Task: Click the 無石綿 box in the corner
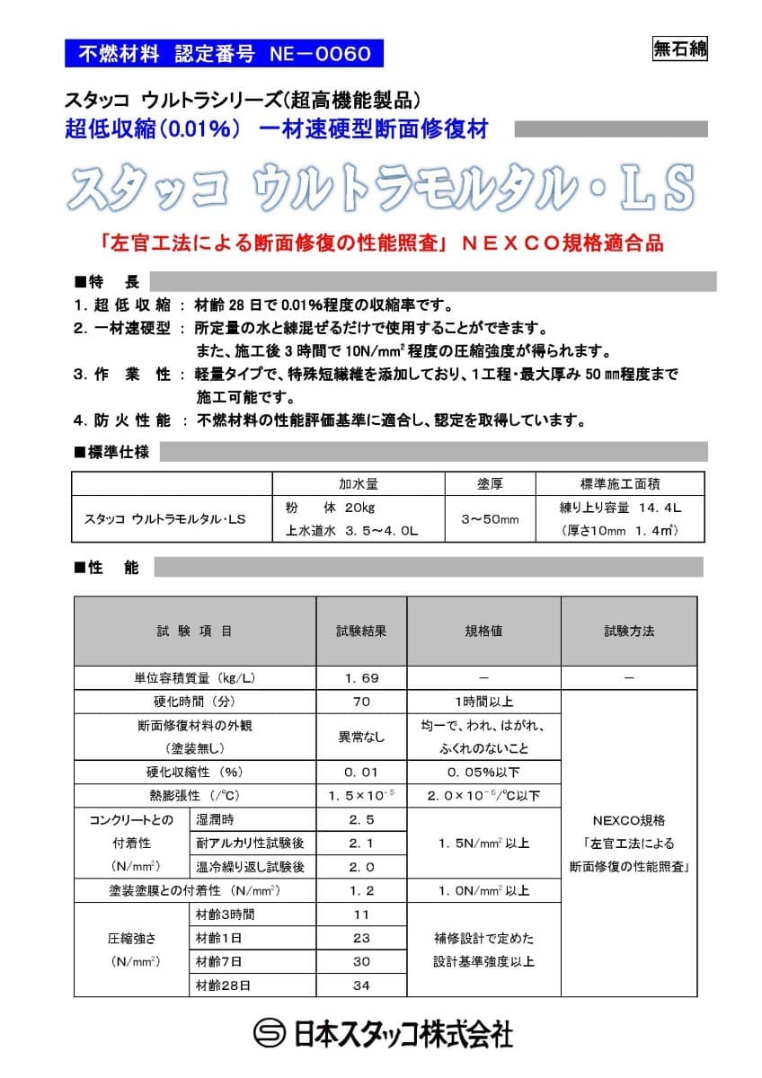tap(679, 49)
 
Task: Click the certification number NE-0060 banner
tap(225, 53)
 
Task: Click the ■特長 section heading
tap(107, 283)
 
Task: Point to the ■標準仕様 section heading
tap(111, 452)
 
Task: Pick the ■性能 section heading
tap(107, 568)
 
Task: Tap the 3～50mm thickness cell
tap(490, 518)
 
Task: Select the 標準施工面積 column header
tap(620, 484)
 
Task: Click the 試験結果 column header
tap(361, 631)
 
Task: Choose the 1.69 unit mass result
tap(361, 677)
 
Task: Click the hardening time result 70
tap(361, 702)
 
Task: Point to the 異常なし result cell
tap(361, 737)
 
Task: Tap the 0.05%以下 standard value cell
tap(484, 772)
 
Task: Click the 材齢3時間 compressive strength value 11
tap(361, 915)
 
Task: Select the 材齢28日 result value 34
tap(361, 985)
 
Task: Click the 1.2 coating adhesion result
tap(361, 891)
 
